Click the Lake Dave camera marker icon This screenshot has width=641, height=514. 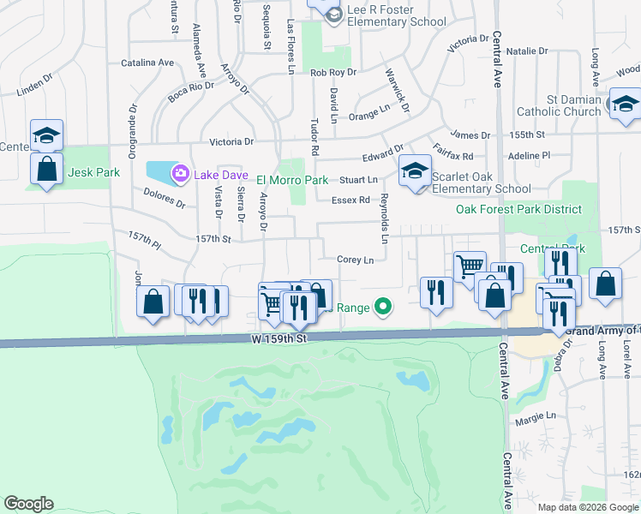180,175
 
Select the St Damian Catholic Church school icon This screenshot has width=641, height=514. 626,105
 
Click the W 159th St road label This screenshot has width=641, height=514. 279,339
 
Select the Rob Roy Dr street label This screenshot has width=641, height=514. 332,74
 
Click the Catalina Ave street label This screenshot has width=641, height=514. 147,63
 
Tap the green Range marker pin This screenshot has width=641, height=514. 384,306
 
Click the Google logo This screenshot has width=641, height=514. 28,504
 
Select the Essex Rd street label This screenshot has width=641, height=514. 350,200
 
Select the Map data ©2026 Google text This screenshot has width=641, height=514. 587,506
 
